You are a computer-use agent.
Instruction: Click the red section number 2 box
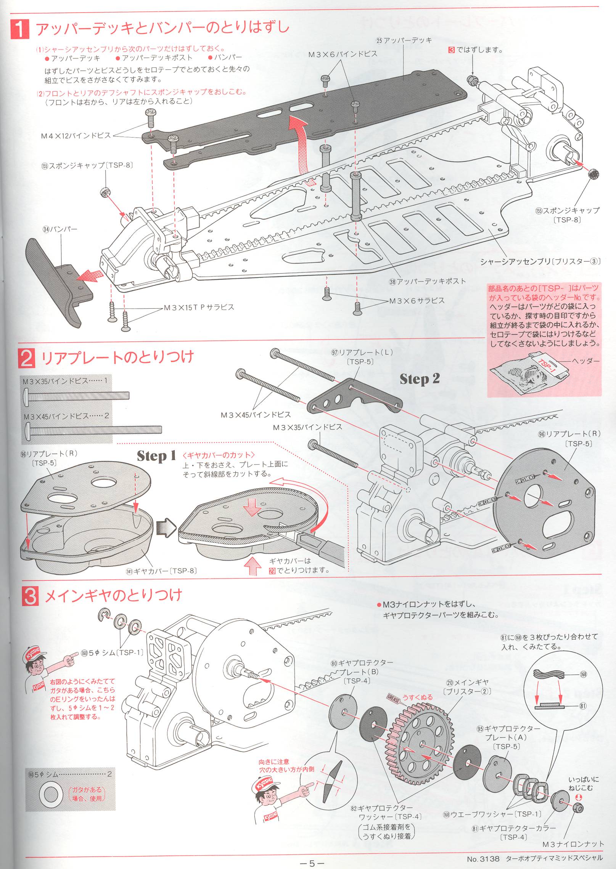pos(26,358)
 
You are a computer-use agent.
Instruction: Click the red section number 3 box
pos(30,596)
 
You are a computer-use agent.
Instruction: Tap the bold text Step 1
pos(156,456)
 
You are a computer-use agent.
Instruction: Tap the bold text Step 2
pos(420,379)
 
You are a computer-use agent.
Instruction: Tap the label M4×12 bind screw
pos(76,135)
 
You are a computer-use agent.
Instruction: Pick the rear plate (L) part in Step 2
pos(355,398)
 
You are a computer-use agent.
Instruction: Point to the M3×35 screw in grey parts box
pos(76,395)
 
